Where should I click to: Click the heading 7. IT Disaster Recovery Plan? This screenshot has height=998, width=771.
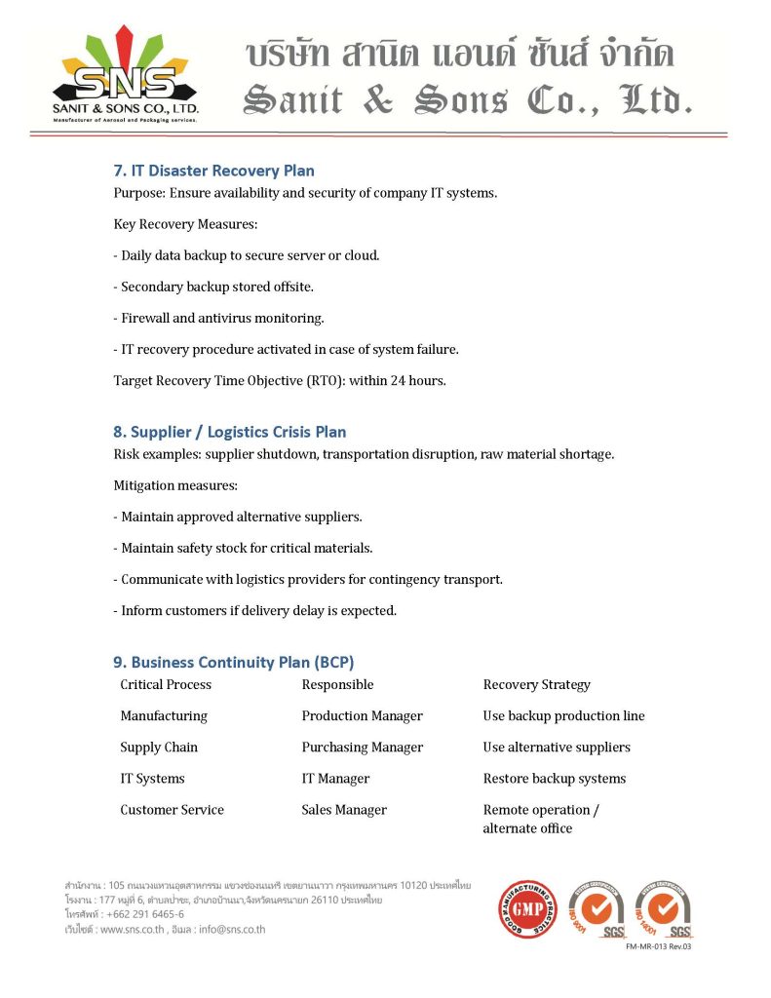[x=213, y=172]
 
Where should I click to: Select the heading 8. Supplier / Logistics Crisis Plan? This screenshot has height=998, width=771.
[x=229, y=432]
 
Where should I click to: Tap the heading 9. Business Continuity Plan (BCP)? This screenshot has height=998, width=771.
[x=240, y=663]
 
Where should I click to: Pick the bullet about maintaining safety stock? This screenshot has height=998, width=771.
[x=243, y=548]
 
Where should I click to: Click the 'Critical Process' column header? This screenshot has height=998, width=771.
[x=166, y=685]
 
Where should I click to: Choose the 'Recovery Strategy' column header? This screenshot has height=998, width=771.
[x=536, y=685]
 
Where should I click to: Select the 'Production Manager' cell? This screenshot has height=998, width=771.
[x=362, y=716]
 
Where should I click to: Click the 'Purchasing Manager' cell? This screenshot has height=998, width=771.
[x=362, y=748]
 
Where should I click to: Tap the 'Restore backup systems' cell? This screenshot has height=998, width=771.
[x=554, y=779]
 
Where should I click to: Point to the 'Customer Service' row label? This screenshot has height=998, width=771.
[x=172, y=810]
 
